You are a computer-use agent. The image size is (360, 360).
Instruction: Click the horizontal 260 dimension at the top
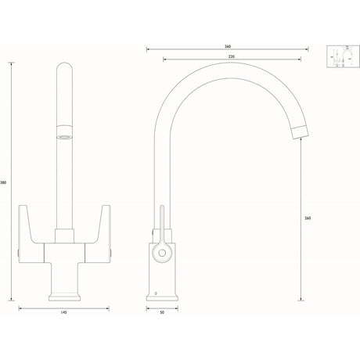(228, 46)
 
